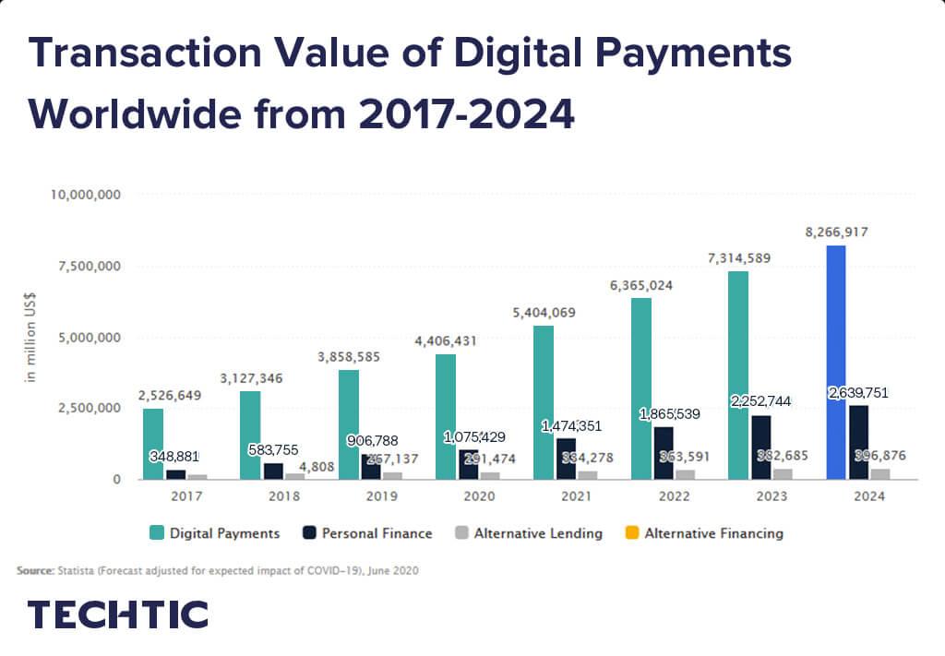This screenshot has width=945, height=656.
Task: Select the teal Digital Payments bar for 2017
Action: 153,445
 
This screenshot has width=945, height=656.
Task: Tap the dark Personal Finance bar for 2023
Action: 760,447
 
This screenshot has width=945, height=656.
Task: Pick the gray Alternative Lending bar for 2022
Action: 685,475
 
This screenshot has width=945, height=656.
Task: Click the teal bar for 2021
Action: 544,403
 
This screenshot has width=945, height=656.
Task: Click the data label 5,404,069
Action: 544,313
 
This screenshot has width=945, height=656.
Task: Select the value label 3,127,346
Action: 251,378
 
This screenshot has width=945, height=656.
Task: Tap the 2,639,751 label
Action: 858,393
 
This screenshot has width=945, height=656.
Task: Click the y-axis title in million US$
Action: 30,338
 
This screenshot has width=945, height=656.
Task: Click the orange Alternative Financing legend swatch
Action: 632,533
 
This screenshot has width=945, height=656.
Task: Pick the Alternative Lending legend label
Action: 538,533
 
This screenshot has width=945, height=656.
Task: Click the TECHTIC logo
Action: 117,614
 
